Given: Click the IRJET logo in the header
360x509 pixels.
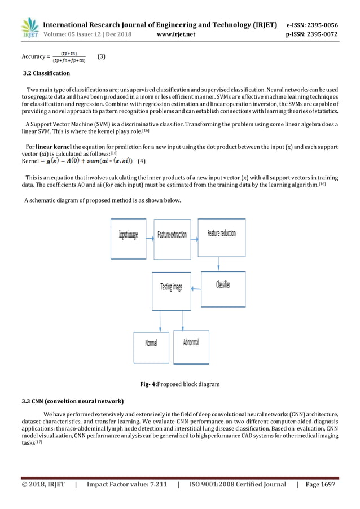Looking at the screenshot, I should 29,28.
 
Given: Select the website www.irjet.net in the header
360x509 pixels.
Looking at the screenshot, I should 177,34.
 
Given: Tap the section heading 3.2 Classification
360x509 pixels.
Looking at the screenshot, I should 46,73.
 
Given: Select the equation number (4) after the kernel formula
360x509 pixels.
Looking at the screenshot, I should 142,161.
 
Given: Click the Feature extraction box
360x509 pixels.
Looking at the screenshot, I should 172,235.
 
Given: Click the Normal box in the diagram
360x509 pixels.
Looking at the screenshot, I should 151,343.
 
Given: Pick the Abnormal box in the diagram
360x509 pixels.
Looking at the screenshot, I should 191,343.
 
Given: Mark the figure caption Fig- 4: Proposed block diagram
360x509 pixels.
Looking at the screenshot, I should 179,384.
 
